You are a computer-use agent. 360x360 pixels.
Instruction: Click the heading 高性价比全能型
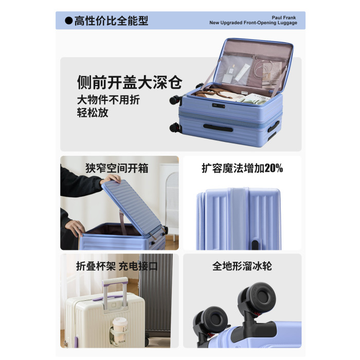111,21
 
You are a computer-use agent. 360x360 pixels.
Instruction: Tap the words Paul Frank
284,17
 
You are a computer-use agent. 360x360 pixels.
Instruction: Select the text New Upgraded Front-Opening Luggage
253,23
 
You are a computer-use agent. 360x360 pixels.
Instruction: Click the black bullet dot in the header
68,21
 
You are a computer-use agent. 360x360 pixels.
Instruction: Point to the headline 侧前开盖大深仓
130,82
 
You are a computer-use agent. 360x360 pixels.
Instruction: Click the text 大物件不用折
109,100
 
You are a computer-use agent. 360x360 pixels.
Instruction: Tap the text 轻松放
93,113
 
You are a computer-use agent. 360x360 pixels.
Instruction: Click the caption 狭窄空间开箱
117,168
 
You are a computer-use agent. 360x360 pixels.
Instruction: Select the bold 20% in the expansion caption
274,168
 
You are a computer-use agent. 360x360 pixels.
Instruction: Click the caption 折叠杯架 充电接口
117,266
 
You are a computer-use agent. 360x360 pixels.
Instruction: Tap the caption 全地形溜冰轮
242,266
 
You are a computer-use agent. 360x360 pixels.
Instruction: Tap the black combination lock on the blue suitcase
219,106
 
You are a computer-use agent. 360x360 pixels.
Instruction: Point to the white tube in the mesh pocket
242,73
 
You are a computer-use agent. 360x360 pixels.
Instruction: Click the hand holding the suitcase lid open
111,178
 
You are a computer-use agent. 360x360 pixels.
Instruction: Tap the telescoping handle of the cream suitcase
115,293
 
